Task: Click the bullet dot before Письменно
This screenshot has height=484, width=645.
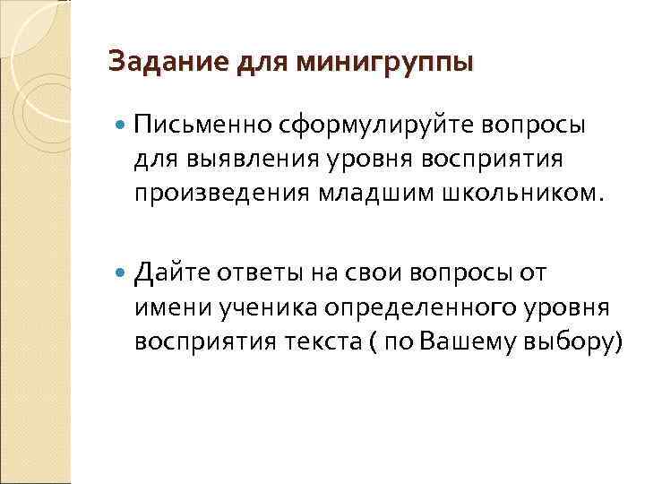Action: coord(123,124)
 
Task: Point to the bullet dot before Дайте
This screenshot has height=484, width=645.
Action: coord(123,272)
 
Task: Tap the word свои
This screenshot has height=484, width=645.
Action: coord(363,272)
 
